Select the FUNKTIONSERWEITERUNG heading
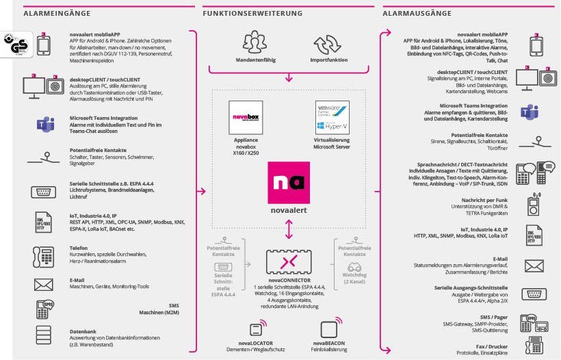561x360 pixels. [252, 13]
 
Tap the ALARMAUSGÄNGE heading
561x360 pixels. [417, 13]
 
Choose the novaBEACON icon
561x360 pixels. [329, 329]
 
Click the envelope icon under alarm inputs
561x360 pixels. [43, 284]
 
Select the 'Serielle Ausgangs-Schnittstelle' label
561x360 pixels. [471, 287]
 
